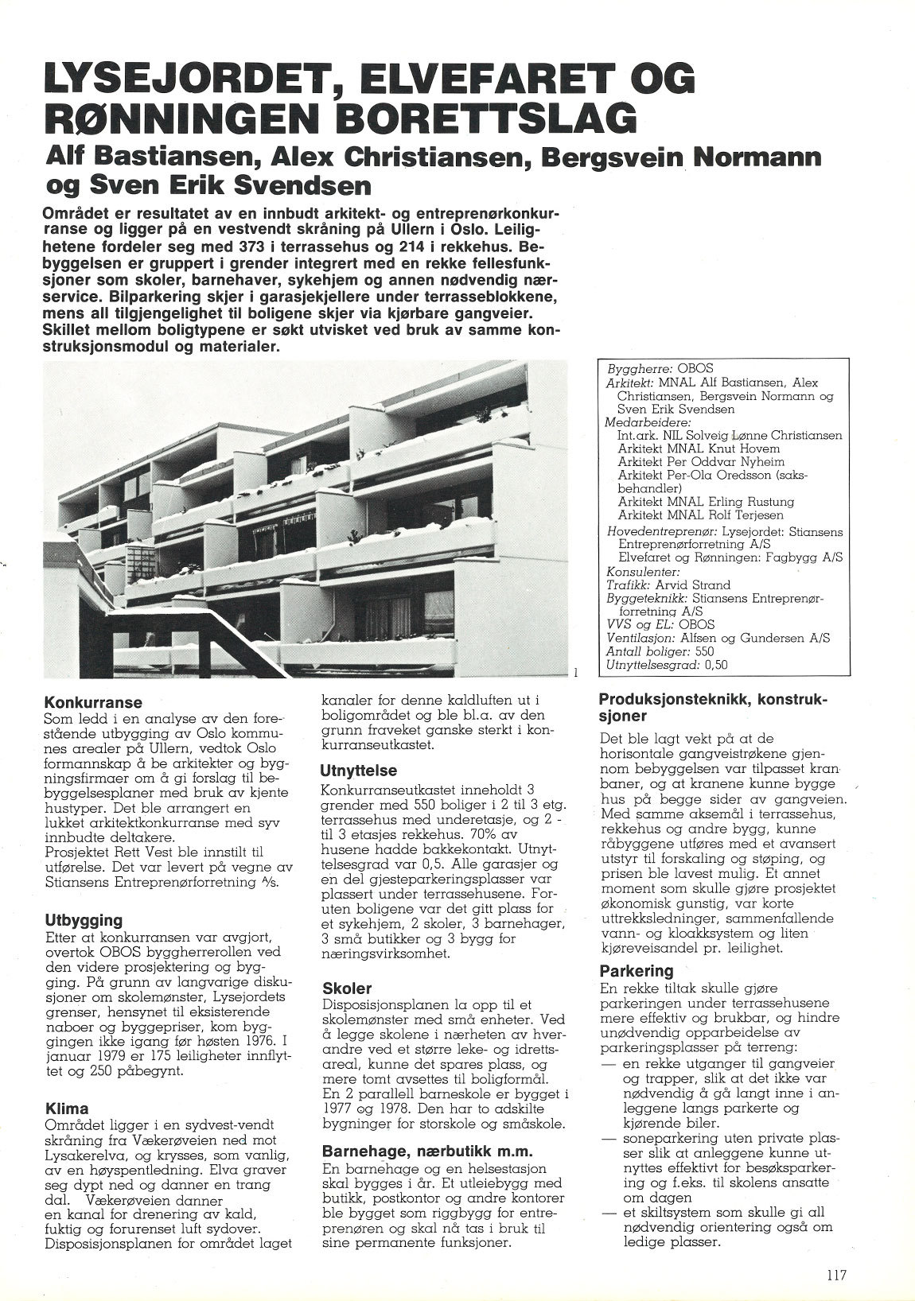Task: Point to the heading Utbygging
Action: click(x=84, y=920)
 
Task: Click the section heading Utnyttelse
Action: click(x=358, y=770)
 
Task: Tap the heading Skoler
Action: click(x=347, y=988)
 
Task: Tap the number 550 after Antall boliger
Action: click(x=704, y=650)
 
